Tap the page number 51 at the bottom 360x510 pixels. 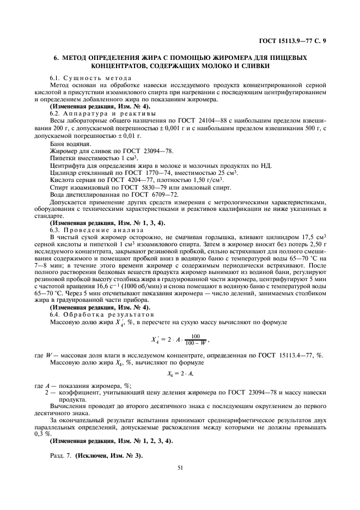(x=180, y=466)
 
